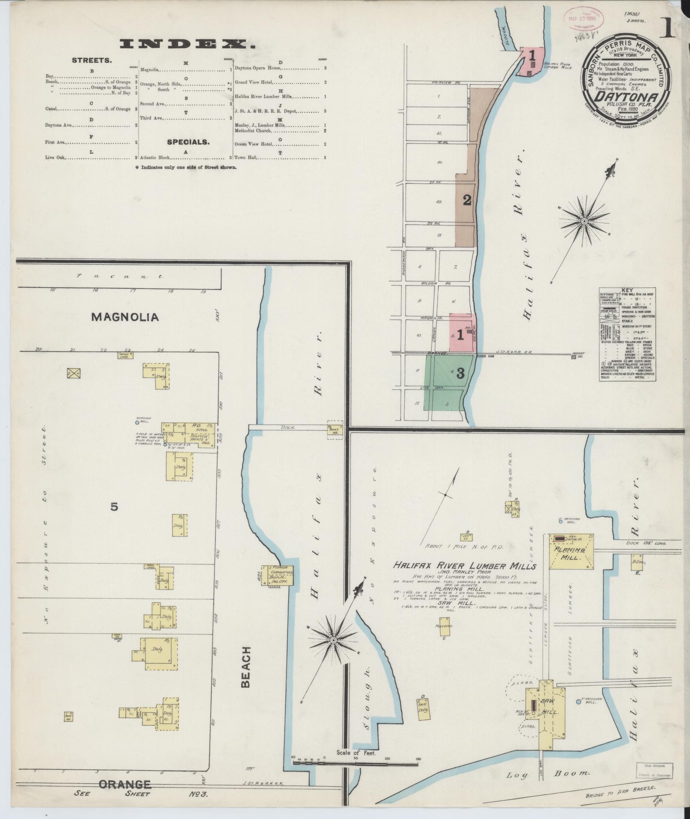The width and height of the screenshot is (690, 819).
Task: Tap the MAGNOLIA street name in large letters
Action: pos(125,317)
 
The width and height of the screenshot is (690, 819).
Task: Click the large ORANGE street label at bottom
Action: pos(125,784)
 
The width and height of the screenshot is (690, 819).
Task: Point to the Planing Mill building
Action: pos(572,552)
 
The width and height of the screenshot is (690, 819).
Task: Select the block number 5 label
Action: pos(114,506)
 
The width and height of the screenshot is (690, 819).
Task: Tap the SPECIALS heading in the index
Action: pos(188,142)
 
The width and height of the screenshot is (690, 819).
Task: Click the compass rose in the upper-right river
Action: pos(584,221)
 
